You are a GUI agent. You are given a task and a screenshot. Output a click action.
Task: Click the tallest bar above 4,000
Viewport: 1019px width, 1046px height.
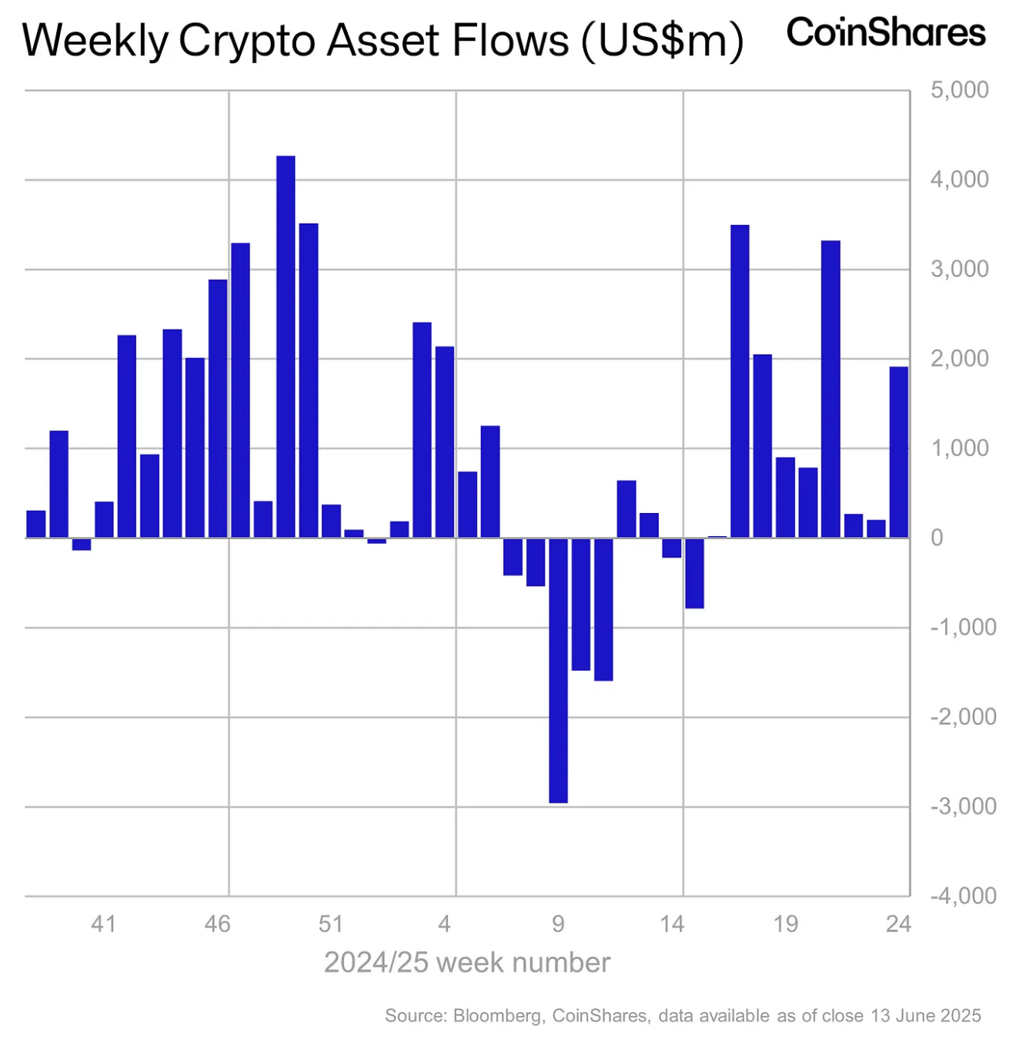[x=286, y=346]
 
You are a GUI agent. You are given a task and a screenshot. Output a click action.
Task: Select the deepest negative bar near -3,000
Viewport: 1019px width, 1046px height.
[x=558, y=670]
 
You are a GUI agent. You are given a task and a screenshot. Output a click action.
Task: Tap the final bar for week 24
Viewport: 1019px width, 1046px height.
[x=898, y=451]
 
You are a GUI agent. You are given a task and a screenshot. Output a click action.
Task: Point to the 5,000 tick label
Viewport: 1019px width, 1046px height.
[x=960, y=90]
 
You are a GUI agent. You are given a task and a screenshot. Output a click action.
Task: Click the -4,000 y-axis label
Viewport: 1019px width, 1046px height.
[x=963, y=896]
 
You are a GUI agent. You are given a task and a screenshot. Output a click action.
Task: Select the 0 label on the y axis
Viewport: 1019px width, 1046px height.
[x=937, y=538]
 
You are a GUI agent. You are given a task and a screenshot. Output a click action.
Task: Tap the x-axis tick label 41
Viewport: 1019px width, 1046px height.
[x=104, y=924]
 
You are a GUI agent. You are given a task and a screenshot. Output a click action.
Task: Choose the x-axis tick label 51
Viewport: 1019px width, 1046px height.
[x=330, y=924]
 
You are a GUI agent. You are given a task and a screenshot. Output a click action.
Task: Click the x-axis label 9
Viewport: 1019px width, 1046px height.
[x=558, y=924]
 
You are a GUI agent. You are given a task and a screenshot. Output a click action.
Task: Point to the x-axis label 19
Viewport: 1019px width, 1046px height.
[x=785, y=924]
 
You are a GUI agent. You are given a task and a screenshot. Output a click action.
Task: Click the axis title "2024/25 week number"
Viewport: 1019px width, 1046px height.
[x=467, y=963]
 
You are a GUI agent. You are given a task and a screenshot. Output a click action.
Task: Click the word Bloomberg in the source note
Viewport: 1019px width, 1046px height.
[x=497, y=1016]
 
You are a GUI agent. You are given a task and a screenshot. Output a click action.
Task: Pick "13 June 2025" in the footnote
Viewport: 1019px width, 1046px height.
[x=926, y=1015]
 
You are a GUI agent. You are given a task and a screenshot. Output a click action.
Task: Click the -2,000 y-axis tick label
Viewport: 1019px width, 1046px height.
[x=963, y=716]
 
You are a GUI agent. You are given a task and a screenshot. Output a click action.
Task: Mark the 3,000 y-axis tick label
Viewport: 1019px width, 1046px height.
[x=960, y=269]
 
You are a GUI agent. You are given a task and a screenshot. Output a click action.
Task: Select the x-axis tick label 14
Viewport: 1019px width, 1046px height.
[x=672, y=924]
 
